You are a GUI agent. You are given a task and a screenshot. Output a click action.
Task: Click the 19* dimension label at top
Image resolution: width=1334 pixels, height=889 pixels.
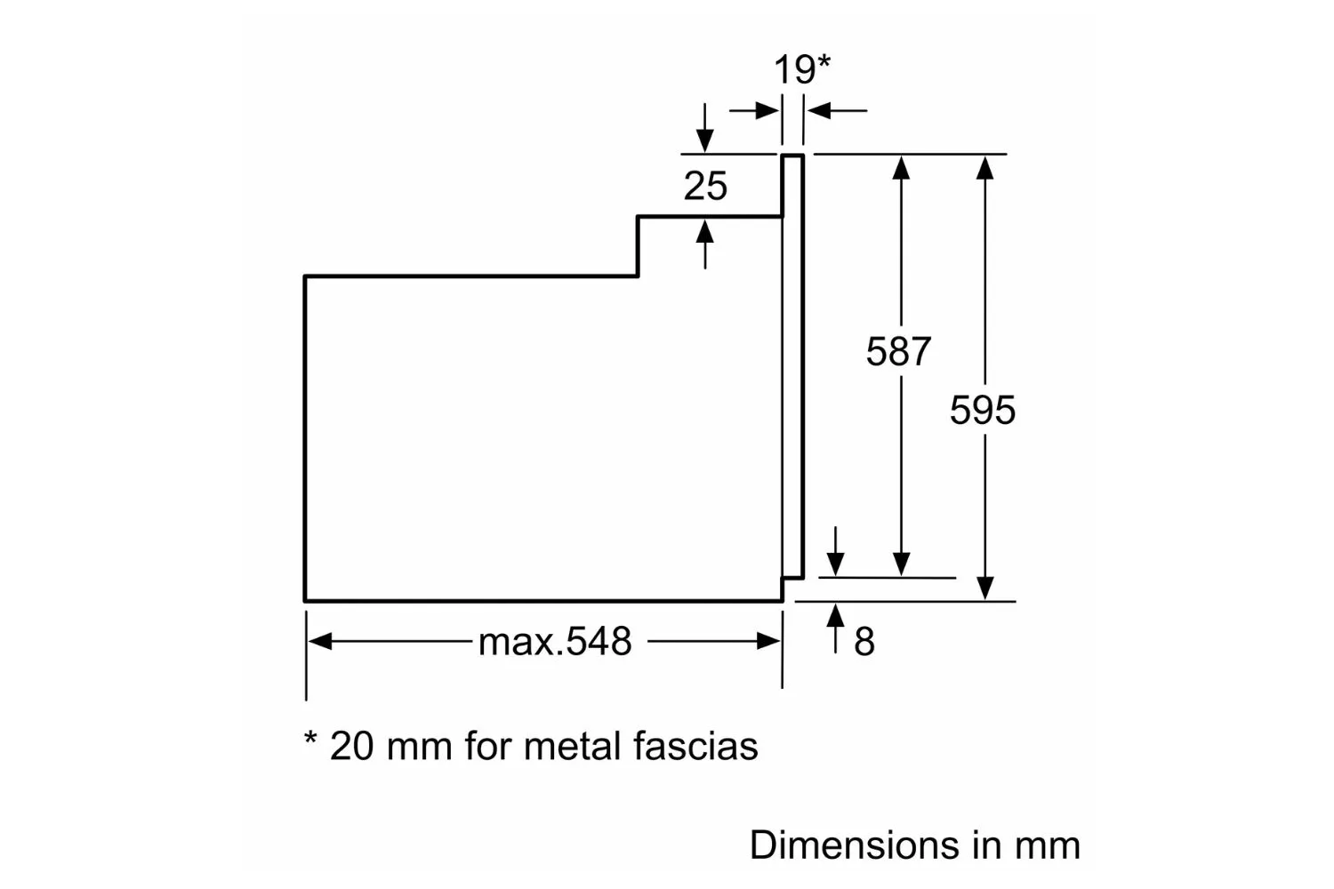click(801, 69)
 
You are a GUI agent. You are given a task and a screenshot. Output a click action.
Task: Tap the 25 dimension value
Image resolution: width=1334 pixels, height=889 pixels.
click(705, 186)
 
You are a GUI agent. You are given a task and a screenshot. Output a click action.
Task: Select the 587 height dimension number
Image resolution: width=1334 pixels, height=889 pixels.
click(898, 351)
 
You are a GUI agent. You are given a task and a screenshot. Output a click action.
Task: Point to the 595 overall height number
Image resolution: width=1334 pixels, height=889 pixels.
click(983, 410)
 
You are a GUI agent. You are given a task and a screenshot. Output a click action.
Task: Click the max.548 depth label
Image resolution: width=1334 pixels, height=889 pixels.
click(554, 642)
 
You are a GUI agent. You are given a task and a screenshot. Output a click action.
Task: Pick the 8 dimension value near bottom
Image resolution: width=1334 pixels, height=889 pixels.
click(864, 642)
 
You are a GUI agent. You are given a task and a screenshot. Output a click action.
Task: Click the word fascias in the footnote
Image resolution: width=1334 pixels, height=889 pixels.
click(695, 746)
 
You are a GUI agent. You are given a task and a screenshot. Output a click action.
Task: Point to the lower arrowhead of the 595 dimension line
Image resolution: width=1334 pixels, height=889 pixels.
click(985, 589)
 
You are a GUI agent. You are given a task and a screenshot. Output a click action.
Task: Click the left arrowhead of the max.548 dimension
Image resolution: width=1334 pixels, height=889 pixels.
click(320, 641)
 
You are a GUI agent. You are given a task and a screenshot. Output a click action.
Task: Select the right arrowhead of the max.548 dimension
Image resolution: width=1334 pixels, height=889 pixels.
click(768, 641)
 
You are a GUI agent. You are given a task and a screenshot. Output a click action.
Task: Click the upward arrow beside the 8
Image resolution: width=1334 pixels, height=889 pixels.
click(836, 629)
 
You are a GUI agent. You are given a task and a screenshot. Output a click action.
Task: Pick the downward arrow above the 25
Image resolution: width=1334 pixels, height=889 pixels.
click(705, 127)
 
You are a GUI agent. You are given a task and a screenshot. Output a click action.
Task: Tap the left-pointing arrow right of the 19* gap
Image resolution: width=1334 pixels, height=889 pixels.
click(837, 111)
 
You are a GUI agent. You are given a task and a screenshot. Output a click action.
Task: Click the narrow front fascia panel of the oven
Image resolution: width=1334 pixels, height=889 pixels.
click(792, 366)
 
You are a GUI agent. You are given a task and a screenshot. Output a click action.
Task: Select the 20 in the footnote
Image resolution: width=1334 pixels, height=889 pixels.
click(351, 746)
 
